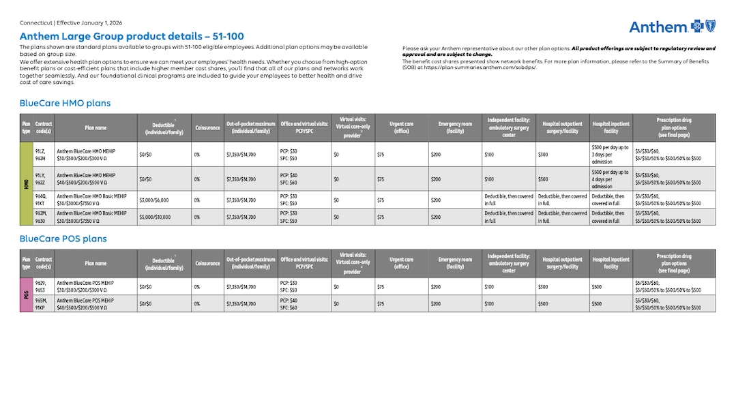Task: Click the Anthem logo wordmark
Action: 658,27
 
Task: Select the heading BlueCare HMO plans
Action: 65,104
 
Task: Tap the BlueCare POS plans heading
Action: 63,239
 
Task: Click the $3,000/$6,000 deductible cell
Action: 155,200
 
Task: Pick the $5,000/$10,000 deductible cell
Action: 155,217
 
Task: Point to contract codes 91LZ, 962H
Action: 43,155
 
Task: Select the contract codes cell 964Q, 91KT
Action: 43,200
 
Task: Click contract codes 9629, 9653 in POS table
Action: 43,286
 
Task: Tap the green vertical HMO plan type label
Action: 26,183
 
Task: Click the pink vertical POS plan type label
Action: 26,294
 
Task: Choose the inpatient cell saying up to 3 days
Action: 610,154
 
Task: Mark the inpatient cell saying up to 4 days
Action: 610,179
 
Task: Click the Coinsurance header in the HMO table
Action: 207,128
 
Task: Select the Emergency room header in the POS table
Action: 455,263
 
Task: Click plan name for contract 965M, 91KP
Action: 86,303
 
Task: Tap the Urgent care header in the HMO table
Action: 401,128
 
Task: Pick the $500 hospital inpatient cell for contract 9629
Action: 597,286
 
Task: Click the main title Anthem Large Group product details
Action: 132,37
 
